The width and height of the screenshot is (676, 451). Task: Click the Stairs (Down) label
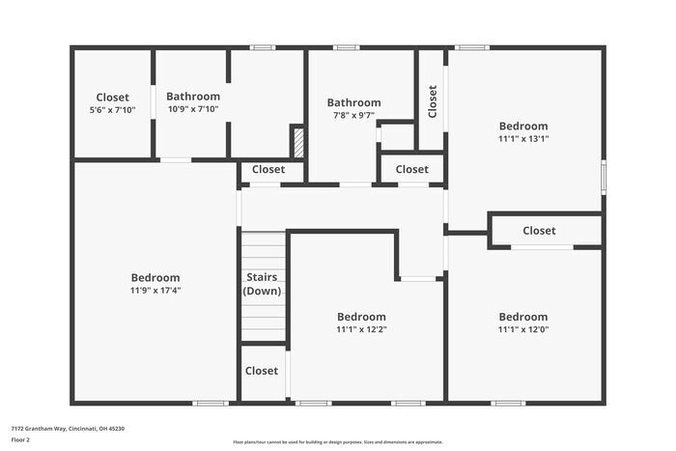pyautogui.click(x=262, y=284)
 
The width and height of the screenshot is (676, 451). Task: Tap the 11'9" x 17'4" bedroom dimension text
pyautogui.click(x=155, y=291)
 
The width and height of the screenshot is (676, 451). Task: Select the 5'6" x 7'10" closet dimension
pyautogui.click(x=113, y=110)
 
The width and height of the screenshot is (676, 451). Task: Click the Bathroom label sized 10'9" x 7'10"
pyautogui.click(x=193, y=97)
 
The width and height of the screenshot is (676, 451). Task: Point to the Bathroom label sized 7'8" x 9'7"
pyautogui.click(x=353, y=102)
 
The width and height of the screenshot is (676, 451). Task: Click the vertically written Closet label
pyautogui.click(x=432, y=101)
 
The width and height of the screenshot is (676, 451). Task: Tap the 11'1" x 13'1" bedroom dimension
pyautogui.click(x=523, y=139)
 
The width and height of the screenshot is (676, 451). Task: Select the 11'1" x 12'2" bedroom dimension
pyautogui.click(x=361, y=329)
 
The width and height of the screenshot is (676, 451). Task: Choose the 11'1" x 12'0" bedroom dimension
pyautogui.click(x=523, y=329)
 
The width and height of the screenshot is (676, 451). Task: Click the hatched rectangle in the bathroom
pyautogui.click(x=297, y=140)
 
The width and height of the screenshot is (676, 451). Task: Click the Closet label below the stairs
pyautogui.click(x=262, y=371)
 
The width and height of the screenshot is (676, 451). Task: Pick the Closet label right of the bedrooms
pyautogui.click(x=539, y=231)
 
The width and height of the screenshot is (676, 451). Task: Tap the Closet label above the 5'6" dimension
pyautogui.click(x=113, y=98)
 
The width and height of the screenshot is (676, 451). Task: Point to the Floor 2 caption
pyautogui.click(x=20, y=439)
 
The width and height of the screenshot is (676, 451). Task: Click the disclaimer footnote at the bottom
pyautogui.click(x=337, y=441)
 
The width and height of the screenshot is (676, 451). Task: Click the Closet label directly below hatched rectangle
pyautogui.click(x=268, y=170)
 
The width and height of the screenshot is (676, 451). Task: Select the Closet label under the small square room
pyautogui.click(x=411, y=170)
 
